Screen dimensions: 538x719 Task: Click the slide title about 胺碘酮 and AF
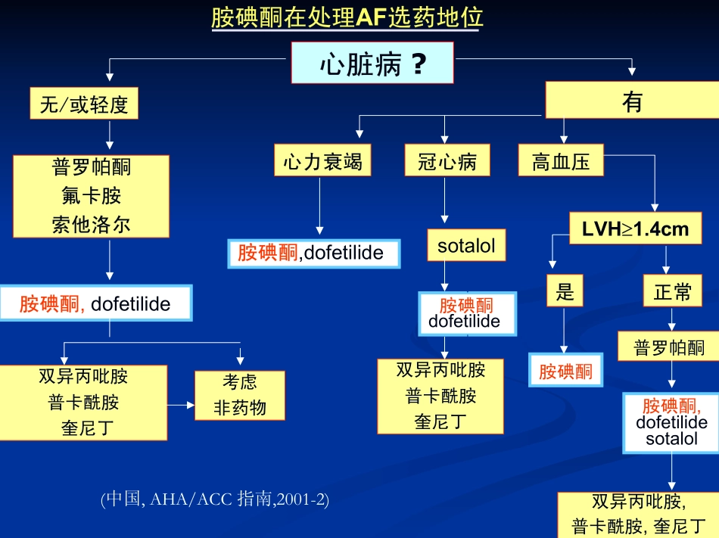[x=347, y=17]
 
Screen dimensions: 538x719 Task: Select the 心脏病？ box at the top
[x=372, y=63]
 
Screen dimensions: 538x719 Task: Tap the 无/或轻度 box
[x=84, y=104]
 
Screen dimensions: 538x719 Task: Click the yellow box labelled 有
[x=631, y=100]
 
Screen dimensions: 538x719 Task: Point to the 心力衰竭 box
[x=322, y=161]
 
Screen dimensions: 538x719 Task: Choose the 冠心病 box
[x=447, y=161]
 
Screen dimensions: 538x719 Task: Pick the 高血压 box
[x=561, y=161]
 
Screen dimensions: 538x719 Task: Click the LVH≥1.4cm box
[x=635, y=229]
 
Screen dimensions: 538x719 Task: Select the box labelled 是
[x=565, y=291]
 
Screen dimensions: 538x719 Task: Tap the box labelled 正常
[x=672, y=291]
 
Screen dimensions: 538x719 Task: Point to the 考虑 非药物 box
[x=240, y=395]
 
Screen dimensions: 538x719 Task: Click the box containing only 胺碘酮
[x=565, y=371]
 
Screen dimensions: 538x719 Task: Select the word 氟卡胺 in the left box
[x=91, y=196]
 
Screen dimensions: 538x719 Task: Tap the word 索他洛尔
[x=91, y=225]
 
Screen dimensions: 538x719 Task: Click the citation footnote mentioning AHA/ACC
[x=215, y=499]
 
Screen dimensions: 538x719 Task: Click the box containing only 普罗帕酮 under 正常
[x=669, y=348]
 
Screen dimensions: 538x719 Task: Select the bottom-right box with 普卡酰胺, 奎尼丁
[x=638, y=515]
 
